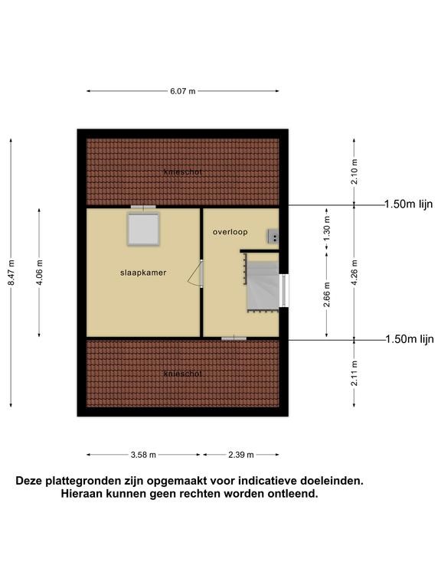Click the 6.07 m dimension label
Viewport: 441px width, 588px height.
(183, 91)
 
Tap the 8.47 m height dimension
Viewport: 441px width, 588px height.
(11, 273)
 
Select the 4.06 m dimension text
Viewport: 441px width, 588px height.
(39, 273)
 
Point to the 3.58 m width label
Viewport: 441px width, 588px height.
(143, 455)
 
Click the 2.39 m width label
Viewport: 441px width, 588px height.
(241, 455)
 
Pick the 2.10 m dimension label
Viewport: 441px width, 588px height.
(354, 171)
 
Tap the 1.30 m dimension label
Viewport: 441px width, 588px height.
(327, 229)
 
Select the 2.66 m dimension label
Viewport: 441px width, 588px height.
(327, 294)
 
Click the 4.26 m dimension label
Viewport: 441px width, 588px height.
(354, 273)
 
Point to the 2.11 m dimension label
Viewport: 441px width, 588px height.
(354, 373)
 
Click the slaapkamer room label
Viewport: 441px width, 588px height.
(143, 273)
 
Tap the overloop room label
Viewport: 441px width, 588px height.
(230, 232)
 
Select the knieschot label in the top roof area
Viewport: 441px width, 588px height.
(183, 172)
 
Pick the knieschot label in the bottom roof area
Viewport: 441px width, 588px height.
(183, 374)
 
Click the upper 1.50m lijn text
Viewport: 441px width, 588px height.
(409, 204)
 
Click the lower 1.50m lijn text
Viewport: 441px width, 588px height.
(410, 339)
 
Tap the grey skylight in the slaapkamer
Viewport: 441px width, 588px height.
(143, 229)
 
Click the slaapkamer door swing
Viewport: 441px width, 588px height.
(194, 275)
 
